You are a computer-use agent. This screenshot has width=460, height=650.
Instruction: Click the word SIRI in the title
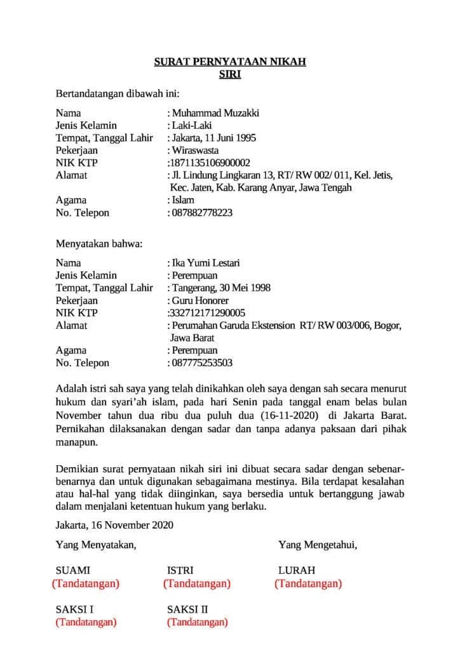point(230,74)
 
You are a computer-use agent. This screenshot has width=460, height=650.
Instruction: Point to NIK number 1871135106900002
point(208,163)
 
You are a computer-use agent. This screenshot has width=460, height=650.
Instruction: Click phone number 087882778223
point(201,213)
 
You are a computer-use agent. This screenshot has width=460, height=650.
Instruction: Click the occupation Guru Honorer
point(200,300)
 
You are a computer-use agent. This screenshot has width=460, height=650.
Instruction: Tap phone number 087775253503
point(201,363)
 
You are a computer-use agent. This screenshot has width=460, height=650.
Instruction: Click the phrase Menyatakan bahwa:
point(99,243)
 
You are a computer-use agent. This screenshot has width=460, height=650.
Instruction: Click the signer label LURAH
point(296,570)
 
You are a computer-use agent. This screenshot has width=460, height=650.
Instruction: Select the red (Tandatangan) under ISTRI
point(196,583)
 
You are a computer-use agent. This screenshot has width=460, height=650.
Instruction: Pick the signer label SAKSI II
point(187,609)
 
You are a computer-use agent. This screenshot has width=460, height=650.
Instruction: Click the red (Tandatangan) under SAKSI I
point(86,622)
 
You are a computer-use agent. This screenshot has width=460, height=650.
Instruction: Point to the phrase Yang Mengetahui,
point(317,545)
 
